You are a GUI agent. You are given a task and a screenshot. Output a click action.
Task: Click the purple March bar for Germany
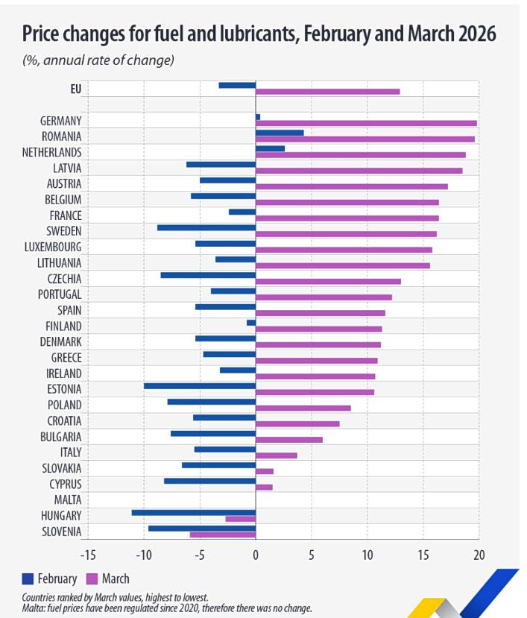pos(366,123)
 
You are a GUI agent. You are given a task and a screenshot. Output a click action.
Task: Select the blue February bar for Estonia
pos(200,386)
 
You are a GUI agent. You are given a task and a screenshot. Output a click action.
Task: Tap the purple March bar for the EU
pos(327,91)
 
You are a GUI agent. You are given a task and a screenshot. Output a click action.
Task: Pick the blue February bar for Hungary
pos(194,512)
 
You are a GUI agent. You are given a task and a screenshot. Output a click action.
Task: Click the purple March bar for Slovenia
pos(223,535)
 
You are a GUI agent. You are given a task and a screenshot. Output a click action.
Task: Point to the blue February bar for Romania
pos(280,133)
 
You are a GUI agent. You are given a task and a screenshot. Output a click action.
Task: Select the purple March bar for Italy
pos(277,455)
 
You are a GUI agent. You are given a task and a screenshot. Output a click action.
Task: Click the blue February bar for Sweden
pos(206,228)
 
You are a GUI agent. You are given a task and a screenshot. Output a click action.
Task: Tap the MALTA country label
pos(67,499)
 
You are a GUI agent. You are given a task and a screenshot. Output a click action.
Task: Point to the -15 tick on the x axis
pos(88,555)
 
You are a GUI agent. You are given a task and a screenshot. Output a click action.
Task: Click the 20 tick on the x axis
pos(479,555)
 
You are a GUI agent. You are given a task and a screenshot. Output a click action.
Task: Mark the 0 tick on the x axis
pos(256,555)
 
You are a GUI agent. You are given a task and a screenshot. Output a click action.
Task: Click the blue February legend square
pos(29,578)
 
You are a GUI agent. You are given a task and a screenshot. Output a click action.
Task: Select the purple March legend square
pos(93,578)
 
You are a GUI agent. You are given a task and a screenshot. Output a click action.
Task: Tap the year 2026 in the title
pos(472,34)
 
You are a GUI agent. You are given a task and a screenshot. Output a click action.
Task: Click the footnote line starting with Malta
pos(167,608)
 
